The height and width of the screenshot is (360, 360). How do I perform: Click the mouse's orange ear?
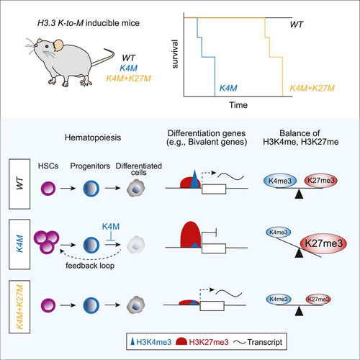[58, 45]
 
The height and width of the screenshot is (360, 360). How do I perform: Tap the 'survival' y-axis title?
[175, 54]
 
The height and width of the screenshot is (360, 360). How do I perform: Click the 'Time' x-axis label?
[238, 105]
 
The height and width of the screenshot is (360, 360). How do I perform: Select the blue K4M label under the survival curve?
[228, 89]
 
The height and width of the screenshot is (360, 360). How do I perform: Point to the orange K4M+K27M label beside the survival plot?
[312, 89]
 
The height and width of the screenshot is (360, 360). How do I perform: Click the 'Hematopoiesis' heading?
[93, 138]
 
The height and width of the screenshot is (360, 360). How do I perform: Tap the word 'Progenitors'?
[90, 166]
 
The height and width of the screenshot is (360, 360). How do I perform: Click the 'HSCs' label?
[48, 166]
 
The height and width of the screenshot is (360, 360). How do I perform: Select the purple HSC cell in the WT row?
[48, 189]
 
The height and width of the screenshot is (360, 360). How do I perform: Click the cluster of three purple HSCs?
[47, 242]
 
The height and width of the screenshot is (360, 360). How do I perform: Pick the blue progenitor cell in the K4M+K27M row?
[91, 305]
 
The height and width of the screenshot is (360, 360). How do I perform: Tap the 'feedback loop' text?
[90, 266]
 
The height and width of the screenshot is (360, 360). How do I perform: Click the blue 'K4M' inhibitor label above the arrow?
[111, 226]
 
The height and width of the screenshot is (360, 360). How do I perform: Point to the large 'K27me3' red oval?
[323, 243]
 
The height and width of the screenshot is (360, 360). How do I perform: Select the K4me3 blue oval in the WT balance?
[280, 181]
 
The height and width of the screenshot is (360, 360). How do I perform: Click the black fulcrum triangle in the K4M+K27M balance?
[299, 311]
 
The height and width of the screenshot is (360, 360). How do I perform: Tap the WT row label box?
[19, 184]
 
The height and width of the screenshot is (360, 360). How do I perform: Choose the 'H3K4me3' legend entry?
[151, 342]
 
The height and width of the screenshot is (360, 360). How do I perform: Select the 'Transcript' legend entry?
[258, 342]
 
